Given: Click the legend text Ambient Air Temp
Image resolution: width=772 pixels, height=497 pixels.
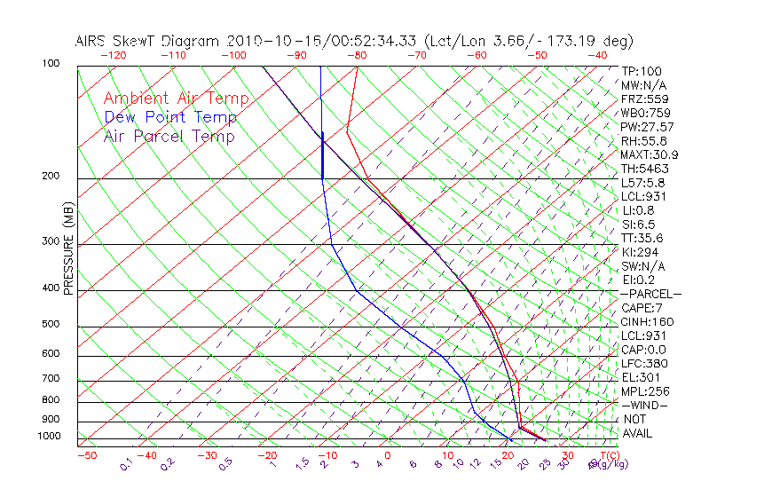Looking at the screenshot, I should tap(176, 99).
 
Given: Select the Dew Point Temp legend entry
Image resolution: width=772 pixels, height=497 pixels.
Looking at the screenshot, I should tap(170, 118).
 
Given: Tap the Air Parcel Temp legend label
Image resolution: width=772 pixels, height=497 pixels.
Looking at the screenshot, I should tap(169, 137).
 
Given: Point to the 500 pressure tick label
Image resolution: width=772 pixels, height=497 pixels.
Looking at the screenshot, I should tap(50, 325).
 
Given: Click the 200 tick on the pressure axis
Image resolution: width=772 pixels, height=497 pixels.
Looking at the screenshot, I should tap(50, 177).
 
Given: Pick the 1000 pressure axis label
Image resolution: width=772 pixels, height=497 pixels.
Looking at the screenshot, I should tap(48, 437).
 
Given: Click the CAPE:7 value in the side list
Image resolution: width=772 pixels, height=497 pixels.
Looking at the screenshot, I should tap(642, 308).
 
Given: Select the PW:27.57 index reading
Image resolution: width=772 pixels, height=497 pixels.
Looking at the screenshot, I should tap(646, 127).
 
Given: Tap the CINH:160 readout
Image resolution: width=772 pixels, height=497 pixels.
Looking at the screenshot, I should tap(645, 322).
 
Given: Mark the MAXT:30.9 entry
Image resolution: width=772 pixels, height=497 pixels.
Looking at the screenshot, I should tap(648, 154).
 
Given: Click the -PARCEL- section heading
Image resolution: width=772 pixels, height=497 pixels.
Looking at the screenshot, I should tap(650, 294).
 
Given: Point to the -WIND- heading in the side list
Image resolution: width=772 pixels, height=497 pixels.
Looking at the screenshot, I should tap(645, 405).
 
